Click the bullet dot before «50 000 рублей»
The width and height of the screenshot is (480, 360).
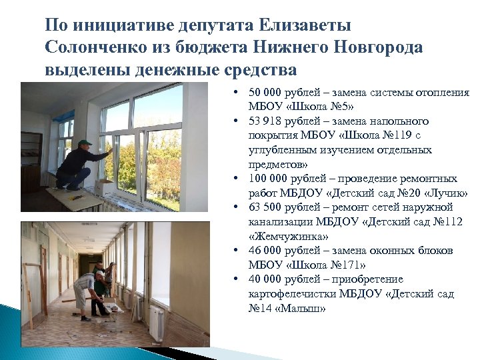238,93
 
